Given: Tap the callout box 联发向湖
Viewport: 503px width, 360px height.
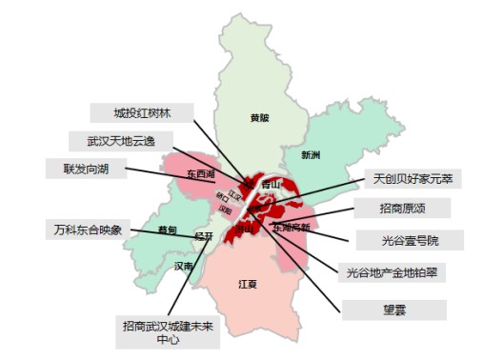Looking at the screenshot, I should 84,169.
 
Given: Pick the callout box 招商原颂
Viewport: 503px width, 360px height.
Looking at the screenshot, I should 407,208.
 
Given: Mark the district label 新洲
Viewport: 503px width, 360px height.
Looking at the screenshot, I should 311,154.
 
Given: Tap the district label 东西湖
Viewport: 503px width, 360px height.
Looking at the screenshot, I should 201,174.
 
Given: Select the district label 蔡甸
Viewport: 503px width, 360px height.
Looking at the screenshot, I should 168,230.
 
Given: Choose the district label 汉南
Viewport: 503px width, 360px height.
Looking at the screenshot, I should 184,267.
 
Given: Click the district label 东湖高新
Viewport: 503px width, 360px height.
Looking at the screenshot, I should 292,228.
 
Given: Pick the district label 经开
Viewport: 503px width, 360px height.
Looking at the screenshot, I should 203,235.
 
